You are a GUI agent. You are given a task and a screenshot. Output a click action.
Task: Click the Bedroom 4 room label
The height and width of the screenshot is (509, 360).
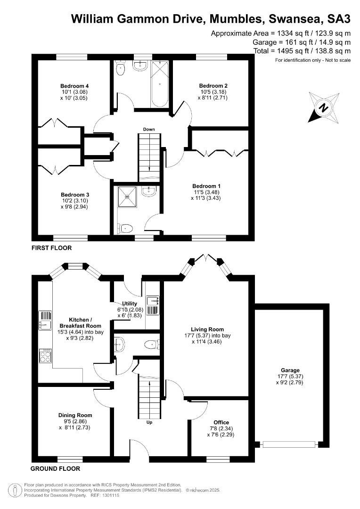coord(74,86)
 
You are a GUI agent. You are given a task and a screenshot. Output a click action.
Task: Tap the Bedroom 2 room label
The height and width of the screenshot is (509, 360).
coord(213,86)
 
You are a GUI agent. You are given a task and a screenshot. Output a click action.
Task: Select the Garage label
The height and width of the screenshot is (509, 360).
coord(290,370)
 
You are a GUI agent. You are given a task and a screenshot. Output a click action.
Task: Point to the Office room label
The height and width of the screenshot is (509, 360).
coord(221,422)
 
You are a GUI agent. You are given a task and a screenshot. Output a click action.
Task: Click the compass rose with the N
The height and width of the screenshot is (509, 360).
coord(324,107)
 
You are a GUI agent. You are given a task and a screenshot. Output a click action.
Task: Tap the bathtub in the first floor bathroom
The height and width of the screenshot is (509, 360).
coord(160,84)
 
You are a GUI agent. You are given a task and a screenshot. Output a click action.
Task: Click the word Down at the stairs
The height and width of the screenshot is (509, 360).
coord(149,129)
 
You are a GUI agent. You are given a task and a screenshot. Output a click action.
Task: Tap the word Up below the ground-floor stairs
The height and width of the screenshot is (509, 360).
coord(149,422)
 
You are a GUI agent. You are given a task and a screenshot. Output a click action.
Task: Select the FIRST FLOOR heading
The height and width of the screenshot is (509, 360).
coord(52,248)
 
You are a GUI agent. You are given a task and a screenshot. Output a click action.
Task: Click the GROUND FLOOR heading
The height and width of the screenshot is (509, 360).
coord(55,469)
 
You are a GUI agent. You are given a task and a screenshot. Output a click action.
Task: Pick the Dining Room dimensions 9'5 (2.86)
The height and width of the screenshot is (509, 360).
coord(75,421)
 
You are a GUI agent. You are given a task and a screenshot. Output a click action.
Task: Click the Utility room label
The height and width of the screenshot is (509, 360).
coord(130,304)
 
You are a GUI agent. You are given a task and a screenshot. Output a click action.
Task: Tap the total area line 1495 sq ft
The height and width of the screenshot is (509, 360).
coord(303,51)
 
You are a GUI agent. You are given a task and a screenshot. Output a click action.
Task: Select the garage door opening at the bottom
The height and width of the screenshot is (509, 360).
coord(289,444)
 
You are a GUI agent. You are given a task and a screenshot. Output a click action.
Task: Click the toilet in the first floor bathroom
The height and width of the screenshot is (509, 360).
coord(121,67)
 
